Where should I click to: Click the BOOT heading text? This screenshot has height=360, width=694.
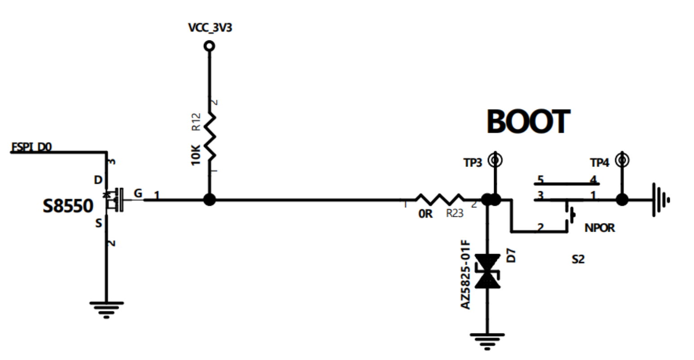pyautogui.click(x=528, y=122)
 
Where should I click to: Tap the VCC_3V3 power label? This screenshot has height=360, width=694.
pyautogui.click(x=210, y=28)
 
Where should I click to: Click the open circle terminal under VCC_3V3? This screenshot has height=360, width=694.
pyautogui.click(x=209, y=46)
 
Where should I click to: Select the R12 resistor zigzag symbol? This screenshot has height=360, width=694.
pyautogui.click(x=210, y=137)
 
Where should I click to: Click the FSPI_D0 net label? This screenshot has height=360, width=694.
pyautogui.click(x=31, y=147)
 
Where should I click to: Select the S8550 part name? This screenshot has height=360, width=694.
pyautogui.click(x=68, y=206)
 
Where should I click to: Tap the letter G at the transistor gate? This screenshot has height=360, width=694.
pyautogui.click(x=138, y=193)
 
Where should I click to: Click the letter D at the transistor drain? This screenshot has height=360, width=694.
pyautogui.click(x=98, y=180)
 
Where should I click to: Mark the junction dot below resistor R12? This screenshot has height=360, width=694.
pyautogui.click(x=209, y=200)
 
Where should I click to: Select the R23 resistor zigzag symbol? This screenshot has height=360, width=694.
pyautogui.click(x=439, y=200)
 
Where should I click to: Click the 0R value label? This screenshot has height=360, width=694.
pyautogui.click(x=425, y=214)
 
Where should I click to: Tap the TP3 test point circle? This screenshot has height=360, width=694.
pyautogui.click(x=495, y=160)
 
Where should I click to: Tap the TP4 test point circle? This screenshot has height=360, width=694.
pyautogui.click(x=623, y=160)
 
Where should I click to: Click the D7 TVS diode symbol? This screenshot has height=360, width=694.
pyautogui.click(x=487, y=271)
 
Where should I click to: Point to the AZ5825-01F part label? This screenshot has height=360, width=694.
pyautogui.click(x=466, y=275)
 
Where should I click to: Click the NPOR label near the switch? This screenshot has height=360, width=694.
pyautogui.click(x=599, y=228)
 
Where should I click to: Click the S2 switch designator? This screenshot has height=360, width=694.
pyautogui.click(x=578, y=259)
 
